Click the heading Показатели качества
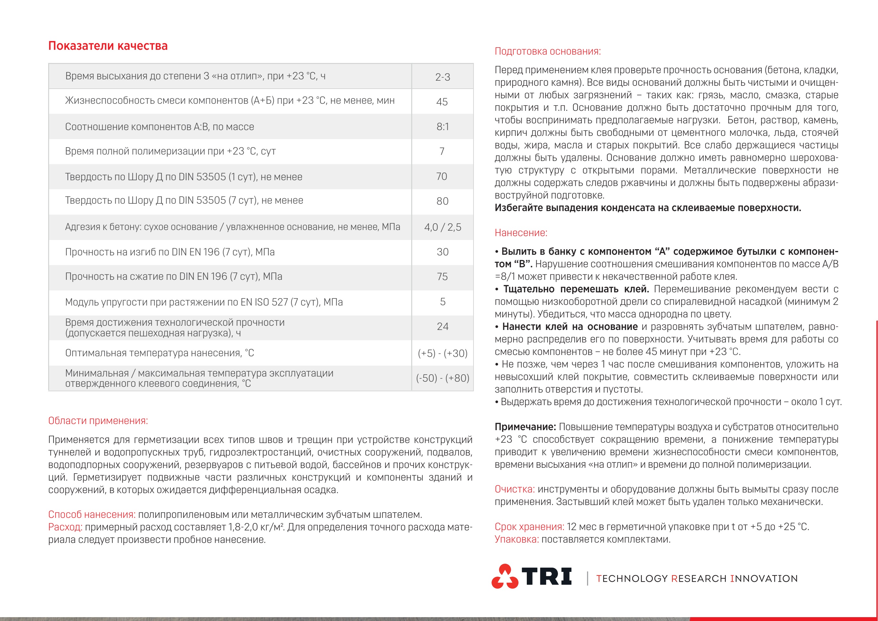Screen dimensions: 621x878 point(108,46)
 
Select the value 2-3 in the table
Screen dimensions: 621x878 point(442,77)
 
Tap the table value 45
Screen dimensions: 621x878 point(442,102)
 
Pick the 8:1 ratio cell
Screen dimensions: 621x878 point(442,127)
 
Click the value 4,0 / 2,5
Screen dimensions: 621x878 point(442,227)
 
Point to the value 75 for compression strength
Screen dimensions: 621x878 point(442,277)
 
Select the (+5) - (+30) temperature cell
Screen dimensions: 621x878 point(442,353)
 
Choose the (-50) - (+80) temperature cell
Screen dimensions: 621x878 point(442,378)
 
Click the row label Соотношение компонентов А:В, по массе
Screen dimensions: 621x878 point(160,127)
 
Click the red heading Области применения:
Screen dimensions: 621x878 point(98,421)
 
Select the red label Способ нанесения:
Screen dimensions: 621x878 point(92,514)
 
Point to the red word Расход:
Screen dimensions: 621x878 point(65,527)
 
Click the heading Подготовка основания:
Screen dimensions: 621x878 point(548,51)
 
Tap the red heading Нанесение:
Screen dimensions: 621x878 point(521,233)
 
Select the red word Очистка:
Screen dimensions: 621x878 point(514,489)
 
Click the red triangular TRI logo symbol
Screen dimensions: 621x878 point(505,576)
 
